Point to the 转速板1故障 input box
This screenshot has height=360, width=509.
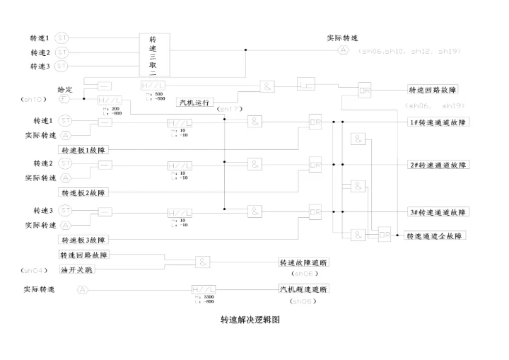pyautogui.click(x=88, y=149)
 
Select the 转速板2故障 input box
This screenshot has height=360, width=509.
pyautogui.click(x=88, y=192)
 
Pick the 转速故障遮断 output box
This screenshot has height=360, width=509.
pyautogui.click(x=303, y=262)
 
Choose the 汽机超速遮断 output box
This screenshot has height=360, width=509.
pyautogui.click(x=303, y=290)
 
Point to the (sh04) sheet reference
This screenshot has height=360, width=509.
pyautogui.click(x=33, y=270)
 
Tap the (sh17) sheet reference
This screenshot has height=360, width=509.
pyautogui.click(x=230, y=110)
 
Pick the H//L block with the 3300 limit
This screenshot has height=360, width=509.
pyautogui.click(x=204, y=290)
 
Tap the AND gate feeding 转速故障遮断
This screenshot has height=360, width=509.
pyautogui.click(x=203, y=262)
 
